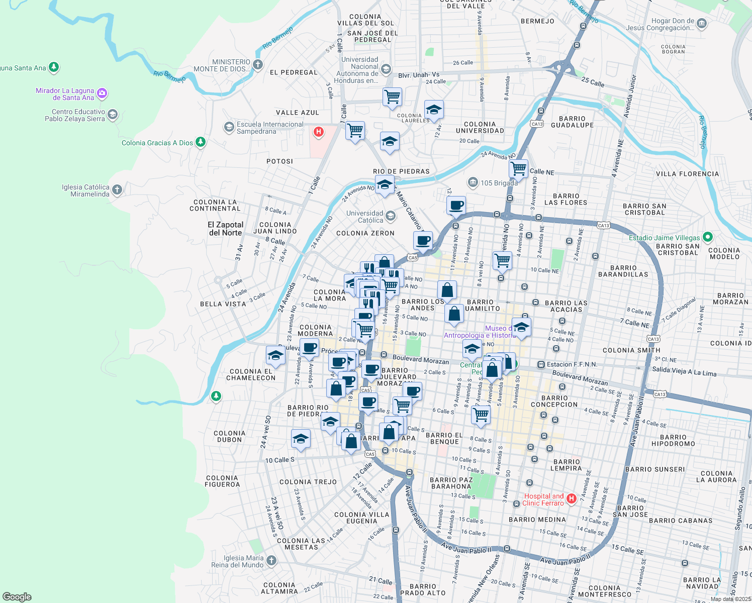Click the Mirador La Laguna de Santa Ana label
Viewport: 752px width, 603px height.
[65, 94]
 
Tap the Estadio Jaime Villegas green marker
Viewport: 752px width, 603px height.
[708, 237]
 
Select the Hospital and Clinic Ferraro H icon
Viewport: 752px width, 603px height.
[571, 499]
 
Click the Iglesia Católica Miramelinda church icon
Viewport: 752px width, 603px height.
[117, 190]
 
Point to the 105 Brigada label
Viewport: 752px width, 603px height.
[499, 183]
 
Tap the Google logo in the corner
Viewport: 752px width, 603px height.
[17, 597]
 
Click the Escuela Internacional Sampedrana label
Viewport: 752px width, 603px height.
[270, 128]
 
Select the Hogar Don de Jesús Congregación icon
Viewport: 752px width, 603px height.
[702, 24]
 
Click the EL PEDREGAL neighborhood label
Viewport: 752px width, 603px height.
[294, 72]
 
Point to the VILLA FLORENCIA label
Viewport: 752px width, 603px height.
[687, 174]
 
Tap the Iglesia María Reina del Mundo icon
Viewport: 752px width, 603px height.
[271, 560]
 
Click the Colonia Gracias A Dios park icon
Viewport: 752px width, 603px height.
[201, 142]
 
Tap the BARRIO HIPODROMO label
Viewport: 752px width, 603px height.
[673, 440]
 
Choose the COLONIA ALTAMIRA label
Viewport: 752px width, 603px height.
[279, 588]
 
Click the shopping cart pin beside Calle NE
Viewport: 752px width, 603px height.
[518, 168]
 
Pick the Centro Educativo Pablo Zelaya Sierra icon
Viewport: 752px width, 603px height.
[113, 115]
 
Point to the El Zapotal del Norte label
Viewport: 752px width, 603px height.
[225, 229]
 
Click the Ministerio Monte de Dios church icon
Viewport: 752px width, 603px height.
[257, 64]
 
